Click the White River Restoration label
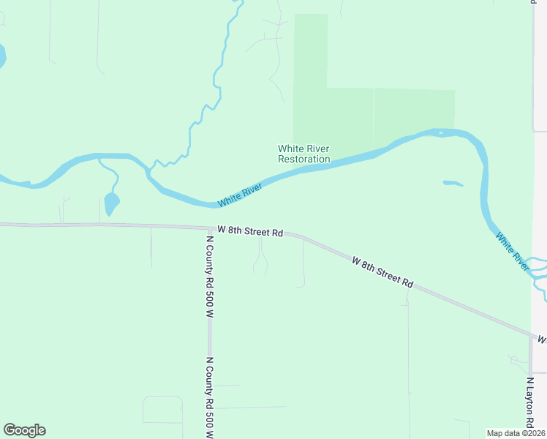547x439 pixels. coord(303,154)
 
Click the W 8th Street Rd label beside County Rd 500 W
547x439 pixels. coord(250,231)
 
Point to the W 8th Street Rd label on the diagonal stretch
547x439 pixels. coord(382,271)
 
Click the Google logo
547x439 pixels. coord(24,430)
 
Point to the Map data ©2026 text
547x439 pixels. coord(516,432)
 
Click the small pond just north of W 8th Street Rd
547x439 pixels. coord(111,203)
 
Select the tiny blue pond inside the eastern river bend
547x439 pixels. coord(453,183)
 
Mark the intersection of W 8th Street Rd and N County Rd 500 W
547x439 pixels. coord(210,228)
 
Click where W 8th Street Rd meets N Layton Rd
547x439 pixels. coord(531,336)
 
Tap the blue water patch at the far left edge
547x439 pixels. coord(1,56)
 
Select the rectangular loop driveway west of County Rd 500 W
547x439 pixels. coord(162,410)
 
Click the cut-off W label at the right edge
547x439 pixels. coord(542,340)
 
